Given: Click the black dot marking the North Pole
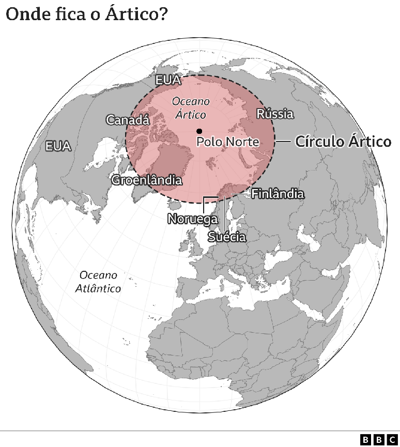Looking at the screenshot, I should (x=199, y=131).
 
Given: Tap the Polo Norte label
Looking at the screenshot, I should (x=228, y=142).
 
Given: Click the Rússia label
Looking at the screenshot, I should (x=275, y=114).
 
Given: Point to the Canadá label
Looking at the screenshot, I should (x=128, y=120).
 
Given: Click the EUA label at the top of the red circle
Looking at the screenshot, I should (x=168, y=80).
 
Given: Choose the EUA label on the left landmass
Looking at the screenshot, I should (x=58, y=146).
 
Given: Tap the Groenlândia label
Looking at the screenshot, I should (x=147, y=180).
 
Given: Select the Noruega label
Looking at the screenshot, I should (x=192, y=219).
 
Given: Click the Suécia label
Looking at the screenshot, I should (x=226, y=237).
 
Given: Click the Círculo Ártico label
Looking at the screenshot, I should (x=343, y=142).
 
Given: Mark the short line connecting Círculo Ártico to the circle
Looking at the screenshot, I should (x=283, y=141).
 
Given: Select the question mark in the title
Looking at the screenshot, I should (x=162, y=14).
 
